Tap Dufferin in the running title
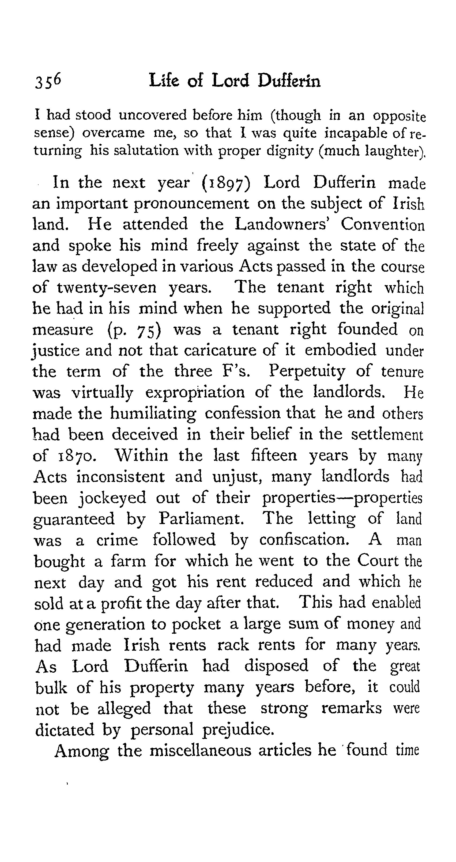click(289, 81)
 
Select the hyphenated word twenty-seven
click(106, 288)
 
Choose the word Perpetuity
click(307, 371)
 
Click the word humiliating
click(153, 414)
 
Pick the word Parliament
click(201, 519)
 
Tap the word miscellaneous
click(200, 751)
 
